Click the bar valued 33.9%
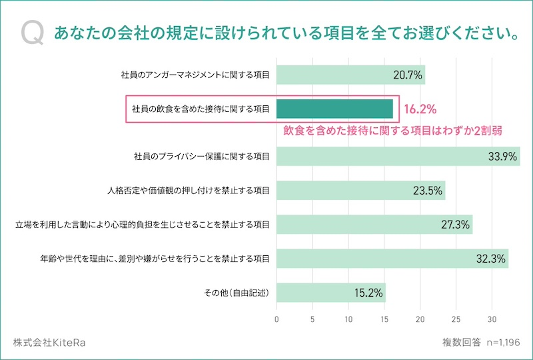[398, 157]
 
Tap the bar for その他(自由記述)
[330, 292]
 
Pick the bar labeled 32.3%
[392, 259]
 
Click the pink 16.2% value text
[420, 108]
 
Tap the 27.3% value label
[456, 225]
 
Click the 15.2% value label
[368, 292]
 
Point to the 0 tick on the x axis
[276, 318]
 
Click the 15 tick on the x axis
[384, 318]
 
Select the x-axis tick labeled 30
[492, 318]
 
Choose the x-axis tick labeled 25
[456, 318]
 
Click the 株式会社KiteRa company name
[49, 343]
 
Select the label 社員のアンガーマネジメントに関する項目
[196, 75]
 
